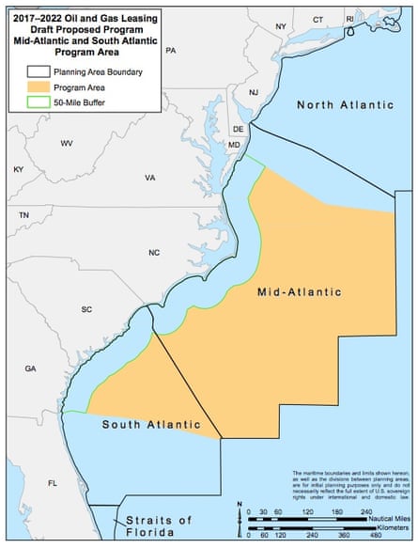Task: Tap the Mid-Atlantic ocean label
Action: tap(299, 292)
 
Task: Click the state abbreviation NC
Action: tap(154, 253)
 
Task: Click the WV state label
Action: tap(67, 143)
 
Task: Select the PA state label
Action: tap(170, 51)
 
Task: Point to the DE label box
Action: tap(239, 128)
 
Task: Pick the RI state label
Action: tap(350, 18)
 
